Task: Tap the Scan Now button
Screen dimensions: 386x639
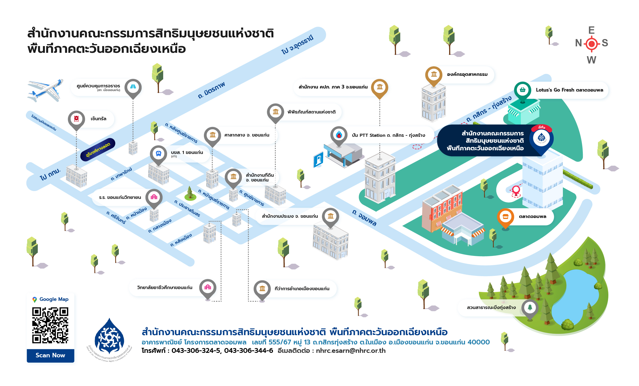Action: coord(51,355)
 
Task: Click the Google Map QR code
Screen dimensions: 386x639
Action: coord(50,325)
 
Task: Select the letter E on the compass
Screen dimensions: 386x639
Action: coord(591,30)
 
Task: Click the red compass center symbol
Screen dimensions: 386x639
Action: coord(592,44)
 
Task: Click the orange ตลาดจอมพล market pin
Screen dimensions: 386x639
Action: coord(505,217)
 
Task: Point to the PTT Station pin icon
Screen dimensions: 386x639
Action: coord(339,135)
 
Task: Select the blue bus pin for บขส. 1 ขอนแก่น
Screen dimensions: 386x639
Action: coord(158,154)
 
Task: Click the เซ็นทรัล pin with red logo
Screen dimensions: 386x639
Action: coord(76,119)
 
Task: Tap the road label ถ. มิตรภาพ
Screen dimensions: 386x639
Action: coord(211,90)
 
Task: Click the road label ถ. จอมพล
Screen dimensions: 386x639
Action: coord(364,218)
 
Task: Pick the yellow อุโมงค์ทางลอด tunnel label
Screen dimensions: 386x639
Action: coord(98,150)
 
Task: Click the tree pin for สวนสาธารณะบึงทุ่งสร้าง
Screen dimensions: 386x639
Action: coord(530,308)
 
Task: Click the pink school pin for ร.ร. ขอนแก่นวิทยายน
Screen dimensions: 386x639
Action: coord(154,197)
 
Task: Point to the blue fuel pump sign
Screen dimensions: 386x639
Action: coord(318,160)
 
